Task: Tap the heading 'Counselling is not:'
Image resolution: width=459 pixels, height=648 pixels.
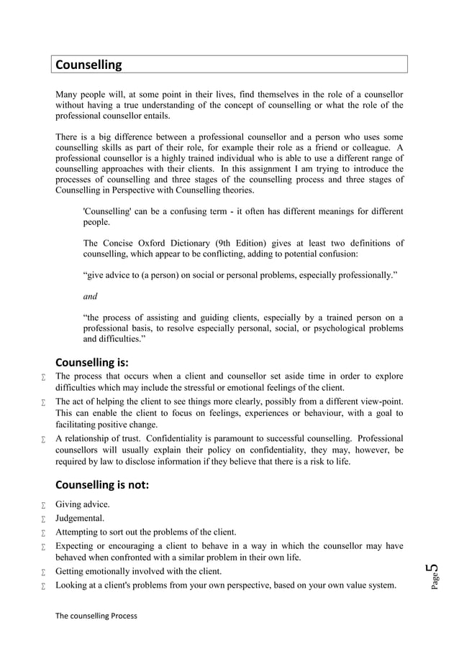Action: point(102,485)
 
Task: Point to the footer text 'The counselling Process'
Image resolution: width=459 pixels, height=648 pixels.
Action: point(96,616)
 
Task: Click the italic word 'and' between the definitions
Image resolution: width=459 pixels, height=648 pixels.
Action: point(91,296)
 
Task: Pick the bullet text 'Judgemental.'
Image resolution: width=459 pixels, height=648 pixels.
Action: point(80,519)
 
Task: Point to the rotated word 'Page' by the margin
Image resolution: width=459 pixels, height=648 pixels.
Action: point(434,584)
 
